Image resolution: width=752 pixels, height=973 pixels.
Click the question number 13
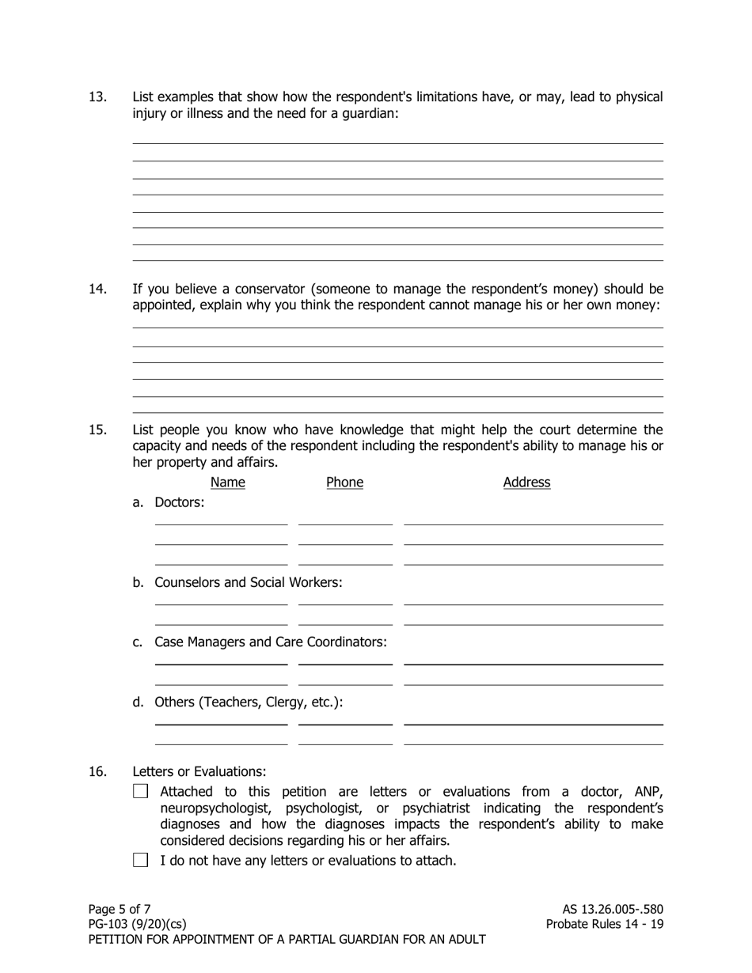(97, 97)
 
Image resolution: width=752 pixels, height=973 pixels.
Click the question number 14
(97, 289)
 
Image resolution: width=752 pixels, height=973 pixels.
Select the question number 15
(97, 430)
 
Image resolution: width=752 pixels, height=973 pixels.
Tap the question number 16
(97, 771)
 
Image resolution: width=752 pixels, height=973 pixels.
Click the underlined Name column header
(228, 483)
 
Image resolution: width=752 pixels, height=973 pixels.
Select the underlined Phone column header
(344, 483)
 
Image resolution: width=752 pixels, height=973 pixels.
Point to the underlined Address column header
(526, 483)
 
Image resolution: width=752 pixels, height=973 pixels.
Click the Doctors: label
(179, 502)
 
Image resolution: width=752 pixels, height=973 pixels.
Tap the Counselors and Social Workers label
(248, 582)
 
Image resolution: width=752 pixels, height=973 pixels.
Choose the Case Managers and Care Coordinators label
(270, 642)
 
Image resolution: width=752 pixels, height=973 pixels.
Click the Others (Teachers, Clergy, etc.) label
(248, 702)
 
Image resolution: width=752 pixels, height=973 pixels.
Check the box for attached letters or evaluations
(141, 791)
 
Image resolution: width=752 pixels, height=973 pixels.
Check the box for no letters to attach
(141, 860)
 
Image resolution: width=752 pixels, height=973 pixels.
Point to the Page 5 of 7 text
(120, 909)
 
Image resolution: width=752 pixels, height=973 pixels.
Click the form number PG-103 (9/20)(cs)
(138, 924)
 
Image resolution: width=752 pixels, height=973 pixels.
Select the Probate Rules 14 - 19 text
(604, 924)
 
